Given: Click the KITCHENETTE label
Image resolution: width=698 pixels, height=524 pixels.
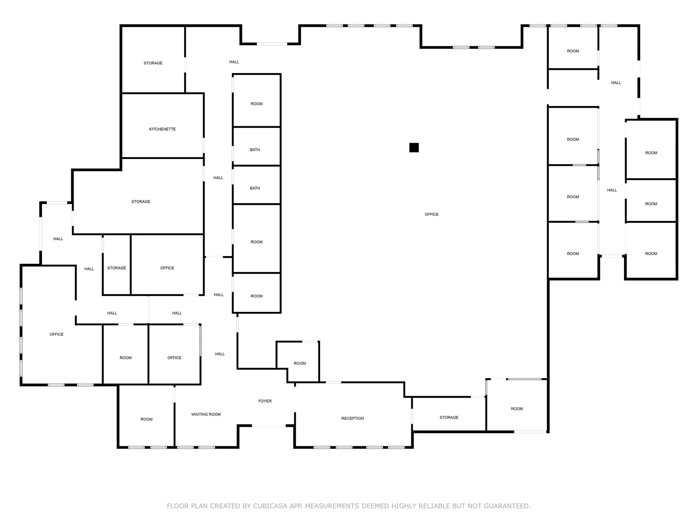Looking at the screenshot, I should pos(162,129).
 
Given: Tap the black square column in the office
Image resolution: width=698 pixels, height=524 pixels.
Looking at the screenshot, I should pos(414,148).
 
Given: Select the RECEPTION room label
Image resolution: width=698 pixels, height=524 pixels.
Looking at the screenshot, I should pos(352,419).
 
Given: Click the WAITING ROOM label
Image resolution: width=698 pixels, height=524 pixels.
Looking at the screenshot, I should pos(206,414).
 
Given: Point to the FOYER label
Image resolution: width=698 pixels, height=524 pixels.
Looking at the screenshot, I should pos(265,401).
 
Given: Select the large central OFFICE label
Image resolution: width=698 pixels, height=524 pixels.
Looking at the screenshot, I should pos(431,215).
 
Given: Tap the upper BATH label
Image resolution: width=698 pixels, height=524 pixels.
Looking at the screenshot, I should pos(255,150).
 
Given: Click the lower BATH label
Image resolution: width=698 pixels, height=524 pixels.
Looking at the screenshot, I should pos(255,188).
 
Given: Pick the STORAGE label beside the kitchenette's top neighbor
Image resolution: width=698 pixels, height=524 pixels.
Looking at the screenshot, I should pos(153,63).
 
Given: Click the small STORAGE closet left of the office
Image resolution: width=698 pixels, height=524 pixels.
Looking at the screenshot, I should pos(117,268).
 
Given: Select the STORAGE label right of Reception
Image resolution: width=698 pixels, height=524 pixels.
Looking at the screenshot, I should pos(449,418).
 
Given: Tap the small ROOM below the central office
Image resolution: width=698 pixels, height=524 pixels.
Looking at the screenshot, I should pos(300,364).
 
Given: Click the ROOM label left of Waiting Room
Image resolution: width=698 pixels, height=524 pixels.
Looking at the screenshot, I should pos(147,420).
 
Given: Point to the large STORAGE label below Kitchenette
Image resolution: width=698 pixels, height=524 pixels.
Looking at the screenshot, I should pos(141,202).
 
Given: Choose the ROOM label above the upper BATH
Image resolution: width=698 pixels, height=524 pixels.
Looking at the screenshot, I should pos(257,104).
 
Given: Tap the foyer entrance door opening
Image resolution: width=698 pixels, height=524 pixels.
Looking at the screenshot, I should pos(269,426).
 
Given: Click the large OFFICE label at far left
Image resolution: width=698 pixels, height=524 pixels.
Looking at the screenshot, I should pos(57,335).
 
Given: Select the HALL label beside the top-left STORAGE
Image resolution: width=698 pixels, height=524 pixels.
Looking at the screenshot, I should pos(234,62).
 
